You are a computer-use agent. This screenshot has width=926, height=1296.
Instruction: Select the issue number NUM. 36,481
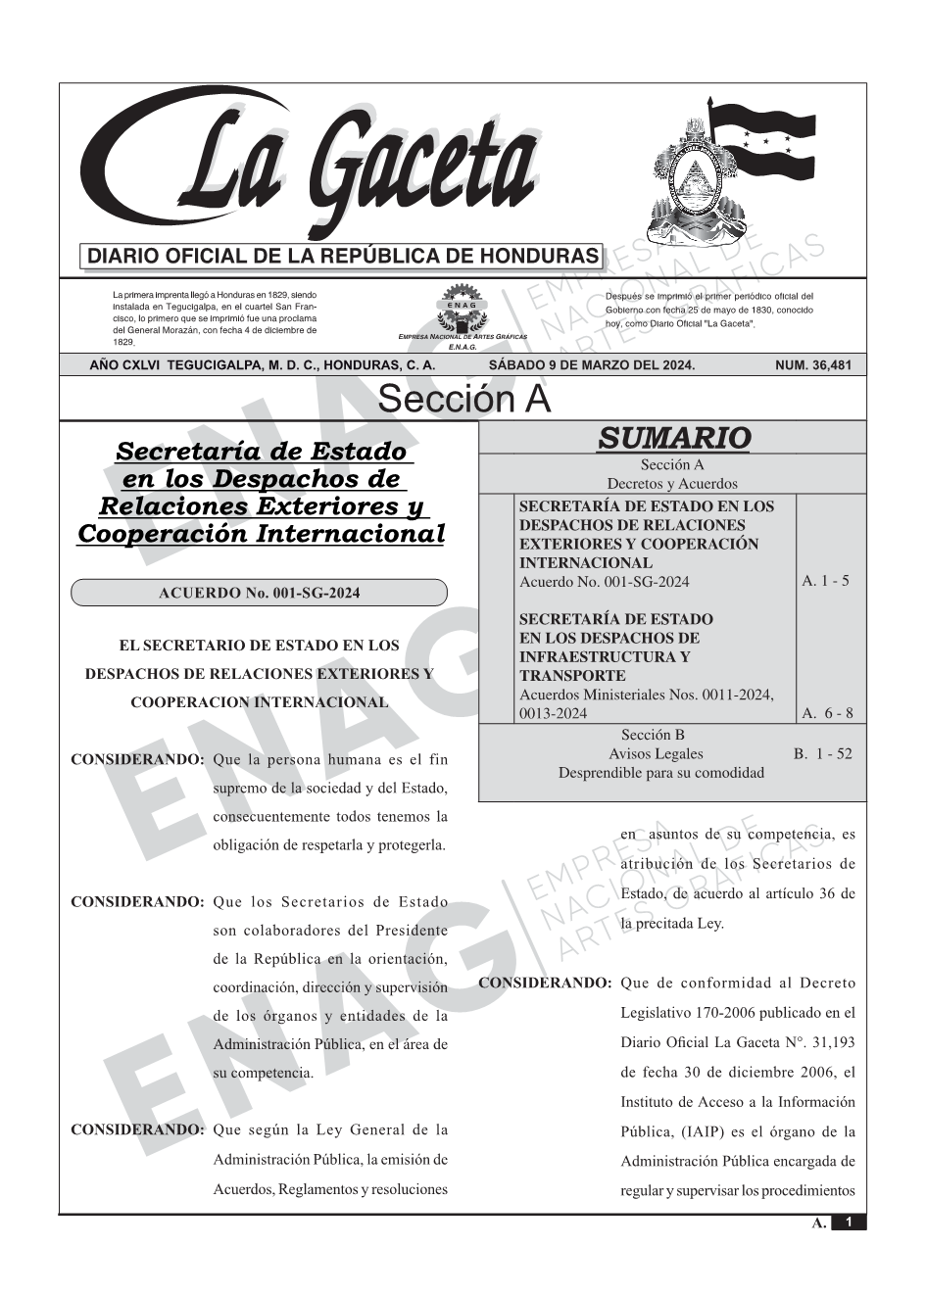pyautogui.click(x=812, y=365)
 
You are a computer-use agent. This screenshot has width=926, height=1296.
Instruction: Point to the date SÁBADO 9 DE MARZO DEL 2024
pyautogui.click(x=591, y=365)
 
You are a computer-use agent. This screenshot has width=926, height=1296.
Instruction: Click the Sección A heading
pyautogui.click(x=463, y=400)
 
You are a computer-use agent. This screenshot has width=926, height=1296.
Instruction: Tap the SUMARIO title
pyautogui.click(x=673, y=438)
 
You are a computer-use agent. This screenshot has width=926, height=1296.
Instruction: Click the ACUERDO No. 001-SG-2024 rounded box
pyautogui.click(x=259, y=593)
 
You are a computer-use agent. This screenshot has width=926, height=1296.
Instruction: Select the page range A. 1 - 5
pyautogui.click(x=825, y=581)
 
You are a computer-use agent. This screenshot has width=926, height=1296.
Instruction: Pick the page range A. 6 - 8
pyautogui.click(x=827, y=713)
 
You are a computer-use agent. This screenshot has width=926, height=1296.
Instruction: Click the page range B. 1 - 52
pyautogui.click(x=822, y=754)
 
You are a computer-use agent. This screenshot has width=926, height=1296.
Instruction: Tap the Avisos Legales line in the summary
pyautogui.click(x=656, y=754)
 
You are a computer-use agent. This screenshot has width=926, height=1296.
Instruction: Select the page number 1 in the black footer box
pyautogui.click(x=849, y=1223)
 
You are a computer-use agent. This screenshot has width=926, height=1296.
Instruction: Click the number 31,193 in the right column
pyautogui.click(x=828, y=1042)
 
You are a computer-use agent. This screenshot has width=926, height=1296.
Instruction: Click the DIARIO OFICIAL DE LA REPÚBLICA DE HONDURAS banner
pyautogui.click(x=343, y=257)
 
